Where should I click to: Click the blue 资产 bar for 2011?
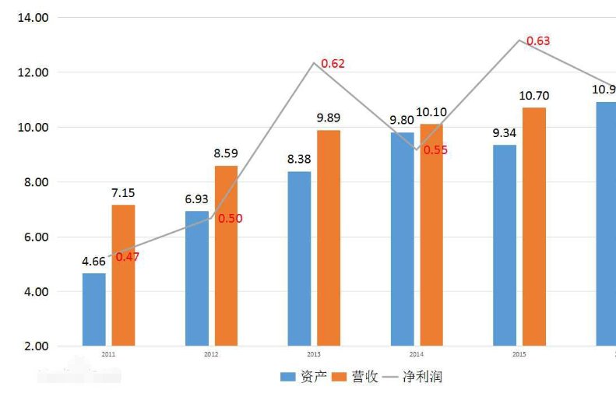[x=93, y=309]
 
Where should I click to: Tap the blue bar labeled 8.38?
[x=299, y=258]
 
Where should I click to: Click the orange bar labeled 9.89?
[x=328, y=237]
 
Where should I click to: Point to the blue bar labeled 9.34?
[x=505, y=245]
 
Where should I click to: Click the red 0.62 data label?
[x=333, y=64]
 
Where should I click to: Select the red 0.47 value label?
[x=127, y=256]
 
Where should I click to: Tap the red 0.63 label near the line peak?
[x=538, y=40]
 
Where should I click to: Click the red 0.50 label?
[x=230, y=219]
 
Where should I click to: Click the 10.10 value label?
[x=431, y=111]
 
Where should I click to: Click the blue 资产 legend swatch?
[x=287, y=377]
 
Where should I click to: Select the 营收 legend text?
[x=364, y=377]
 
